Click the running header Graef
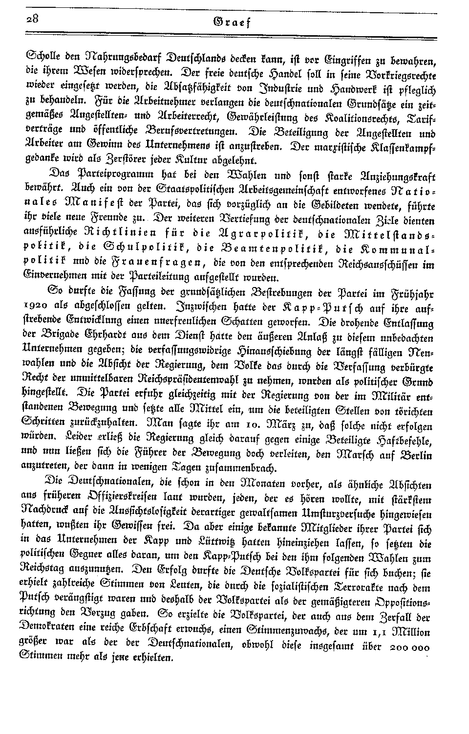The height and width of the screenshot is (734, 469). click(235, 22)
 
